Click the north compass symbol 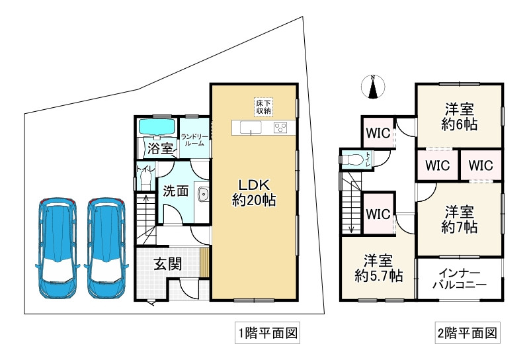coord(373,87)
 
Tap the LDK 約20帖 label coord(254,193)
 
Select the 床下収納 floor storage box coord(263,107)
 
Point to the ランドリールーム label coord(194,140)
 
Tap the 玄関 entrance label coord(168,264)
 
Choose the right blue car coord(106,248)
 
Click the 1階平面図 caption coord(268,333)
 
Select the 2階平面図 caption coord(468,333)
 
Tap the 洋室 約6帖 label coord(459,117)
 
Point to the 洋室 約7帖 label coord(459,220)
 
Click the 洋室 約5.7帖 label coord(378,269)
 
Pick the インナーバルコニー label coord(460,279)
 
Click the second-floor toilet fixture coord(350,159)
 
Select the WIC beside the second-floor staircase coord(378,214)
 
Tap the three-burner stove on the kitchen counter coord(280,128)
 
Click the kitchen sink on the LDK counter coord(251,128)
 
